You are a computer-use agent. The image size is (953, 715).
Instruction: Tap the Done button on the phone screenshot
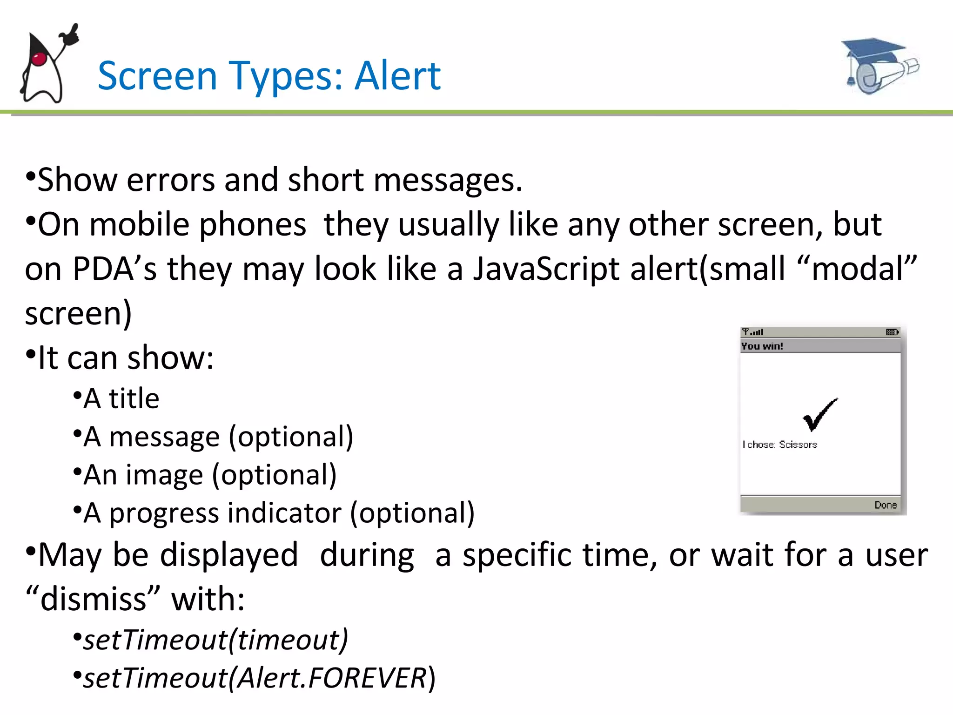tap(885, 505)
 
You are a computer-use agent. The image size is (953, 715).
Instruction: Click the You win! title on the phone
tap(762, 346)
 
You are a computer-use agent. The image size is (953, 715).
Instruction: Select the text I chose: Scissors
tap(780, 445)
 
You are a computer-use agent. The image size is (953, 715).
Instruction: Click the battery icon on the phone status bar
tap(892, 332)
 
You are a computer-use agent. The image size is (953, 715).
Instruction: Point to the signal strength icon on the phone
tap(752, 332)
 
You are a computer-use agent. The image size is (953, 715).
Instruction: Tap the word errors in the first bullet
tap(170, 180)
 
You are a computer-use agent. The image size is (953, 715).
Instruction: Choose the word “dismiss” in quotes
tap(93, 599)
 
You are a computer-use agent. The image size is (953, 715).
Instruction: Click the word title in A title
tap(134, 399)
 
